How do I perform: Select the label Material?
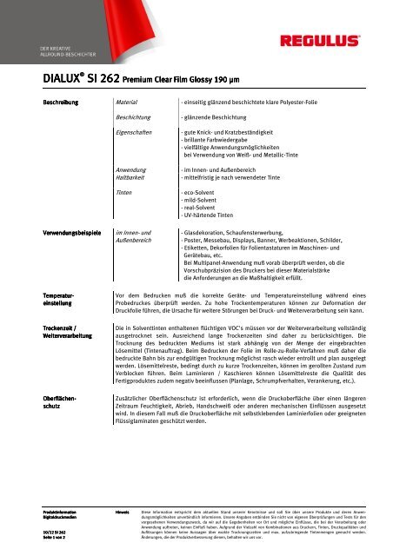130,103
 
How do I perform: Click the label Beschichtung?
138,116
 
